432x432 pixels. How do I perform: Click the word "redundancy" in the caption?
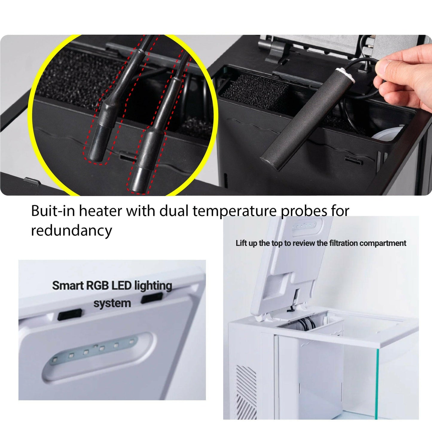(71, 230)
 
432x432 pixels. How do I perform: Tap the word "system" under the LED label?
(112, 303)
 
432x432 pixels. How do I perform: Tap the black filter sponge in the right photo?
(254, 92)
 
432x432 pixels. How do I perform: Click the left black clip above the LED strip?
(70, 314)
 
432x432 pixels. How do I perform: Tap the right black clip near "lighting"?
(152, 298)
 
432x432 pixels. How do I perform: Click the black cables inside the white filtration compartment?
(305, 322)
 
